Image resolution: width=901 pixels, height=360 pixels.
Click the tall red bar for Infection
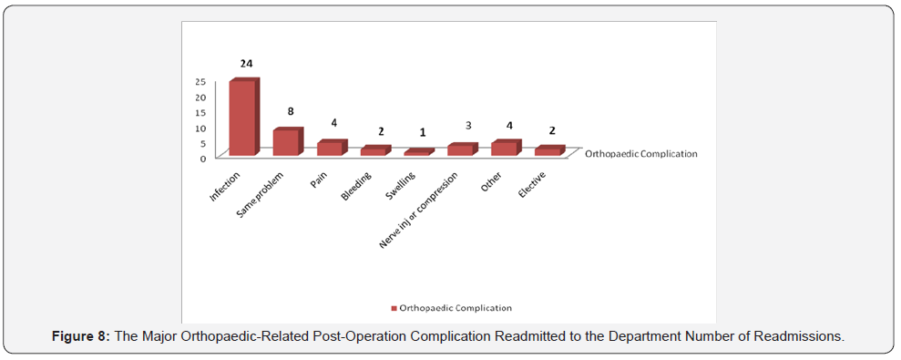[x=242, y=118]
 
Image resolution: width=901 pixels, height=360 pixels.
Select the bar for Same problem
[x=286, y=142]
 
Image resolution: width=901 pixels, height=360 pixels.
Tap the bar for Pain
[x=329, y=149]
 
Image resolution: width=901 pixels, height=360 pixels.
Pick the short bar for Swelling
[x=416, y=153]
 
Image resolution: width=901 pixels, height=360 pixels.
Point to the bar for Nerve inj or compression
[x=460, y=150]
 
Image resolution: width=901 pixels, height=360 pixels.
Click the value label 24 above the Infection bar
[x=246, y=64]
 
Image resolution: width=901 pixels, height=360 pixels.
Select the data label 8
[x=290, y=112]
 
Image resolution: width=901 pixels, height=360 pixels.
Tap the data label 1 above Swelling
[x=421, y=132]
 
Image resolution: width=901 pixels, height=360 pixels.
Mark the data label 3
[x=465, y=127]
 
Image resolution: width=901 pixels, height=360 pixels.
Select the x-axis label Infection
[x=225, y=184]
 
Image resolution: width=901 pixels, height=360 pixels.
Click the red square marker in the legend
[x=394, y=309]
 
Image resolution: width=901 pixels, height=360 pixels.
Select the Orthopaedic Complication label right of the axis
[x=640, y=154]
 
